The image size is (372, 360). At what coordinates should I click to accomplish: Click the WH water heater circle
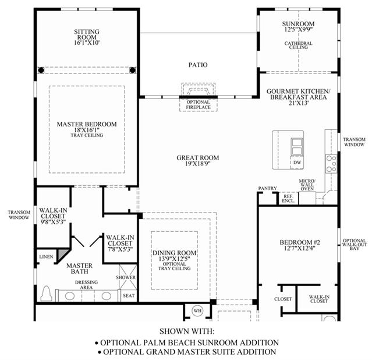coord(197,311)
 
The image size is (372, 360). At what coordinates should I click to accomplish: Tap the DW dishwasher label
coord(297,163)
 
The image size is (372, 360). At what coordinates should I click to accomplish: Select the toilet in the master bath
coord(47,294)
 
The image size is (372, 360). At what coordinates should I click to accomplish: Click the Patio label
coord(198,65)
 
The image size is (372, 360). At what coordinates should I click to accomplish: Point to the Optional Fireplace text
coord(198,105)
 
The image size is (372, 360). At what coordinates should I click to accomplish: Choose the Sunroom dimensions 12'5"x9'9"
coord(298,30)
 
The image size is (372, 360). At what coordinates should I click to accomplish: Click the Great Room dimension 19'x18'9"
coord(198,163)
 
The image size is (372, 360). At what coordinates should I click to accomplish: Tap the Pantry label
coord(267,188)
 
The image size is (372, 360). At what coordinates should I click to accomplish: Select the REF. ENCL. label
coord(288,199)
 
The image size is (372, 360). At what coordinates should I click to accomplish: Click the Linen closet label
coord(46,257)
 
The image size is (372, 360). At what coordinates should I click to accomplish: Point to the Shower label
coord(126,277)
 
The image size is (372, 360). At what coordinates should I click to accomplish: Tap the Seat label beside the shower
coord(129,296)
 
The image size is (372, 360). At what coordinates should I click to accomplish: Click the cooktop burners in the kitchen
coord(331,164)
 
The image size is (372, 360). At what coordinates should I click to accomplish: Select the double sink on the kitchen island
coord(297,147)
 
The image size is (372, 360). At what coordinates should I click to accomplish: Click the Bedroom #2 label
coord(300,242)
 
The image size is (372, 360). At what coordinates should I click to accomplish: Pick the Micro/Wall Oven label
coord(307,185)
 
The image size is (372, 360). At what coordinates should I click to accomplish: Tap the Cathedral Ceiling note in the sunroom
coord(298,45)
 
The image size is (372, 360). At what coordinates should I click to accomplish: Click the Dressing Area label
coord(86,285)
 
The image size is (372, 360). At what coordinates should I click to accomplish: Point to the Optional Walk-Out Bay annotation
coord(355,244)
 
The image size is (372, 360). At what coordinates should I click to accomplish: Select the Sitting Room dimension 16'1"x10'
coord(87,43)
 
